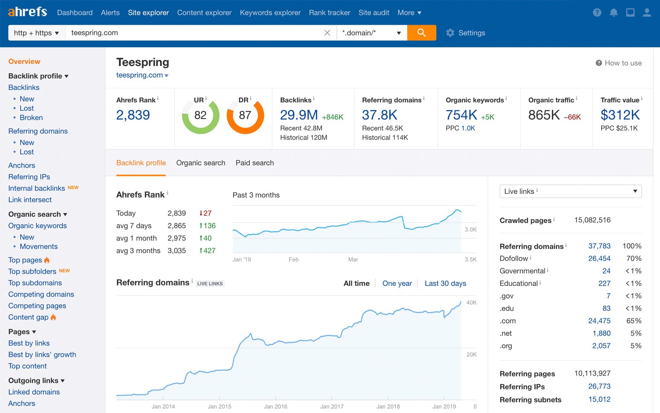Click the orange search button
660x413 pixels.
421,33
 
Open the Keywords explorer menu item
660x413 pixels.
270,13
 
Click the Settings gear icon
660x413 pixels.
450,33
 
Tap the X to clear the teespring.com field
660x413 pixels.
327,33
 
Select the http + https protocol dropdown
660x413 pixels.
36,33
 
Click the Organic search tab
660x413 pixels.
201,163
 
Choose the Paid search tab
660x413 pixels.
254,163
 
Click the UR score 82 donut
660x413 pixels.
200,116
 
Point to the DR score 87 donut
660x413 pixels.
245,116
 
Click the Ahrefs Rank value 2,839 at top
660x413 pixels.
133,115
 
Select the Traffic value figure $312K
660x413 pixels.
620,115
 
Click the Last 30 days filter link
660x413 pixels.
445,283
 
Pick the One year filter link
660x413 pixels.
397,283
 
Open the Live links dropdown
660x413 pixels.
570,191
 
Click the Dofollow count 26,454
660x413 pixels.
599,258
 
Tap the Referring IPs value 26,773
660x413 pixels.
599,386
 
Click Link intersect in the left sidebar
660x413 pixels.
30,199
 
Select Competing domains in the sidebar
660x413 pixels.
41,294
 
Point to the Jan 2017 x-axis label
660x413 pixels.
331,406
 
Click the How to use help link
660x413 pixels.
619,63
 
